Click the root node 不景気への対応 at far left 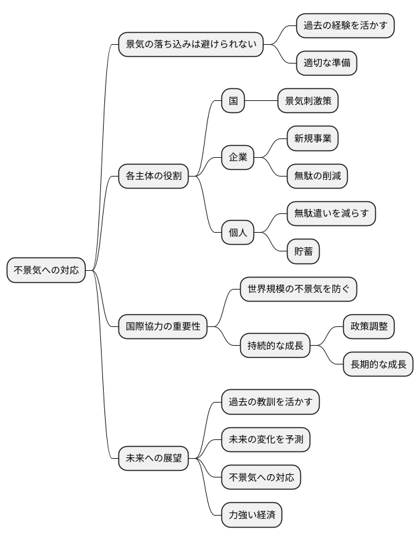46,270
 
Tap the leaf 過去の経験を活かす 345,25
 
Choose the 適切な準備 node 326,64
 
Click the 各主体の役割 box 154,177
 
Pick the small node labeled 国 233,102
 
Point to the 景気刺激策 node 308,102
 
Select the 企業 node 238,158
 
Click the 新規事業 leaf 312,139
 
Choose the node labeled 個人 238,233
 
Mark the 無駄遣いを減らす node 331,214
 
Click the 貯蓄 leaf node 303,252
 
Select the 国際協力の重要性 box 163,327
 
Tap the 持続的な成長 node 275,346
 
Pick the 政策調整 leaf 369,327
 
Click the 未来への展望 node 154,458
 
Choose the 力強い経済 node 251,515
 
